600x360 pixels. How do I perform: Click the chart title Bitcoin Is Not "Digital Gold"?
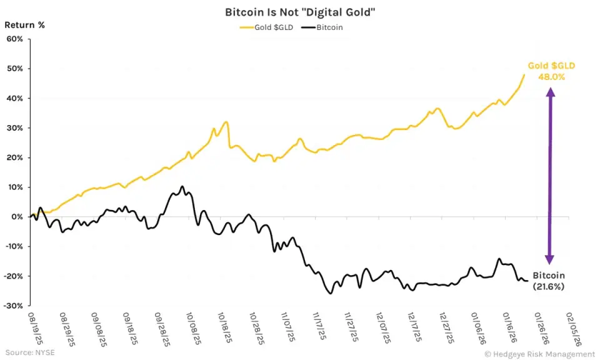tap(299, 12)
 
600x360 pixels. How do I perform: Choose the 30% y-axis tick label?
tap(15, 128)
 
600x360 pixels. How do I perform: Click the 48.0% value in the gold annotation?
tap(551, 77)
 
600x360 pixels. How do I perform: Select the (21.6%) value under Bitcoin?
tap(548, 286)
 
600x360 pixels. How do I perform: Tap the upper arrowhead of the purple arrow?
tap(550, 91)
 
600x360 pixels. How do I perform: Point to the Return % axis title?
tap(25, 25)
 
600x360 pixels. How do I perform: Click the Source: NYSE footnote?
tap(29, 352)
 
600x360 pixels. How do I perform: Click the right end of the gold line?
tap(524, 75)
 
